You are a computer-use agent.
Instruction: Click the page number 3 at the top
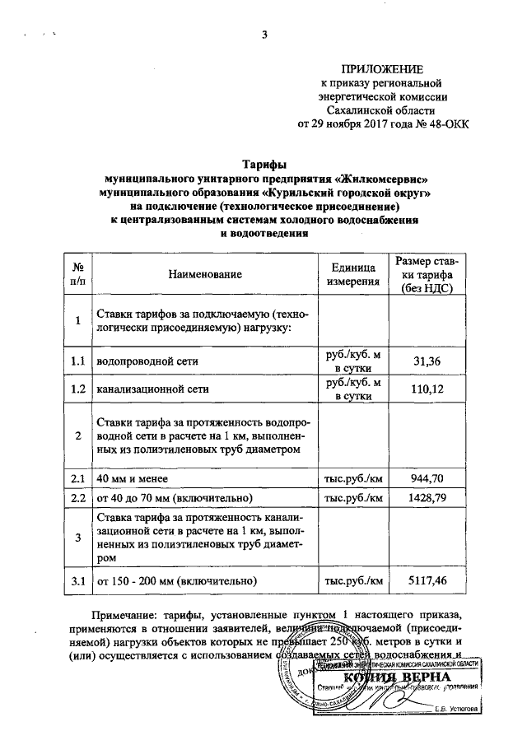point(264,34)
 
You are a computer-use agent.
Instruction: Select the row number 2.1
point(78,477)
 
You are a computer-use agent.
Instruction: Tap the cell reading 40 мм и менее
point(133,477)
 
